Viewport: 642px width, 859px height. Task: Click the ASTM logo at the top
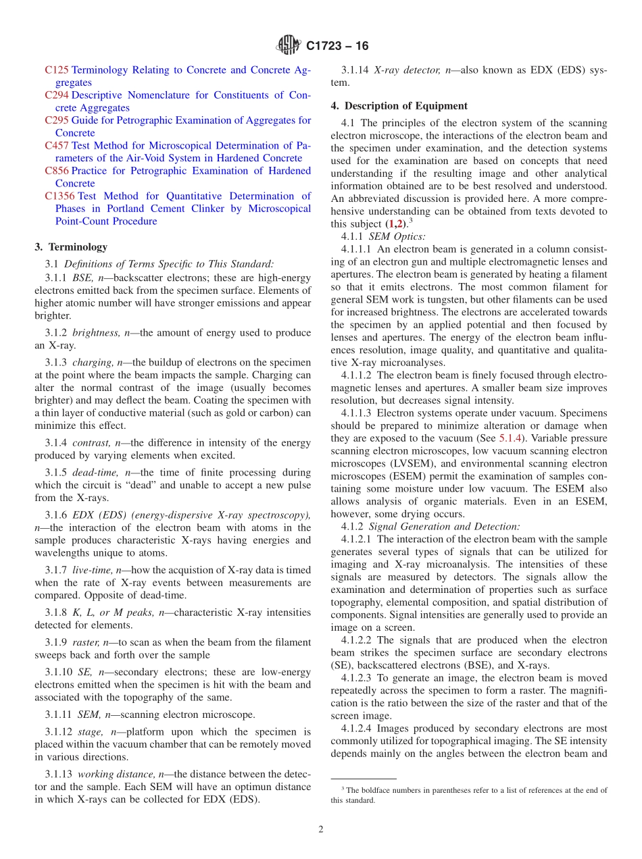[289, 45]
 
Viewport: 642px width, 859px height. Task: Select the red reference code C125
[57, 70]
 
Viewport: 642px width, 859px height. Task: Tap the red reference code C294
[57, 95]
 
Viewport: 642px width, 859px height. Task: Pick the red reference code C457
[57, 145]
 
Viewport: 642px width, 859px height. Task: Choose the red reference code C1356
[59, 196]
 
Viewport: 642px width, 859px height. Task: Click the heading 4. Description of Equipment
[399, 106]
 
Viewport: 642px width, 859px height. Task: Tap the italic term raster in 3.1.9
[85, 642]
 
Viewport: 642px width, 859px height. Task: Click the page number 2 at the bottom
[321, 829]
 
